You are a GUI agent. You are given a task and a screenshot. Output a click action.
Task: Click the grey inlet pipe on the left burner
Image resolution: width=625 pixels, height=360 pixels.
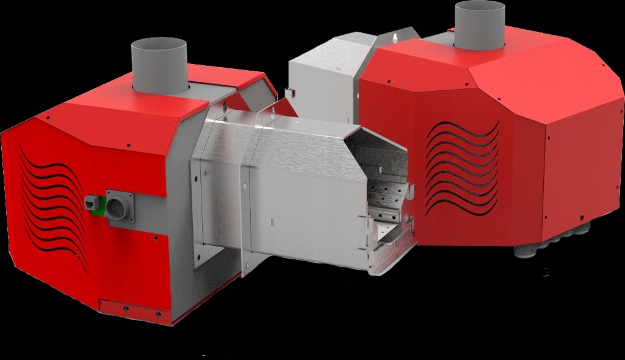click(x=159, y=65)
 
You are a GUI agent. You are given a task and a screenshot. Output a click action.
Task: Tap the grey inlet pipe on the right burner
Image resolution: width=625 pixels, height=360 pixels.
click(x=480, y=24)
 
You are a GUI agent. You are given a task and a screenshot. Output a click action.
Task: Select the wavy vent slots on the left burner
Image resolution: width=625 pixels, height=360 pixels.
click(x=52, y=207)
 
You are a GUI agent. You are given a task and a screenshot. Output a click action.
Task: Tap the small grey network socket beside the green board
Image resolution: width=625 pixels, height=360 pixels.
click(x=91, y=202)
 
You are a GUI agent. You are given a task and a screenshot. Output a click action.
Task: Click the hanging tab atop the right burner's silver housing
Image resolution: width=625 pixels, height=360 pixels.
click(x=396, y=38)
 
